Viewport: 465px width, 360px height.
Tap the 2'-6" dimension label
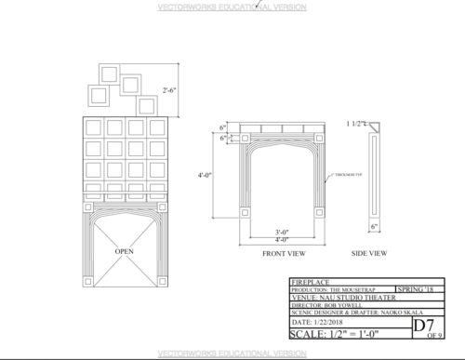pos(172,91)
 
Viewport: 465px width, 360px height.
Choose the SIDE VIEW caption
pos(369,253)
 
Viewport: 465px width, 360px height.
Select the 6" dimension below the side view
pos(373,226)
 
